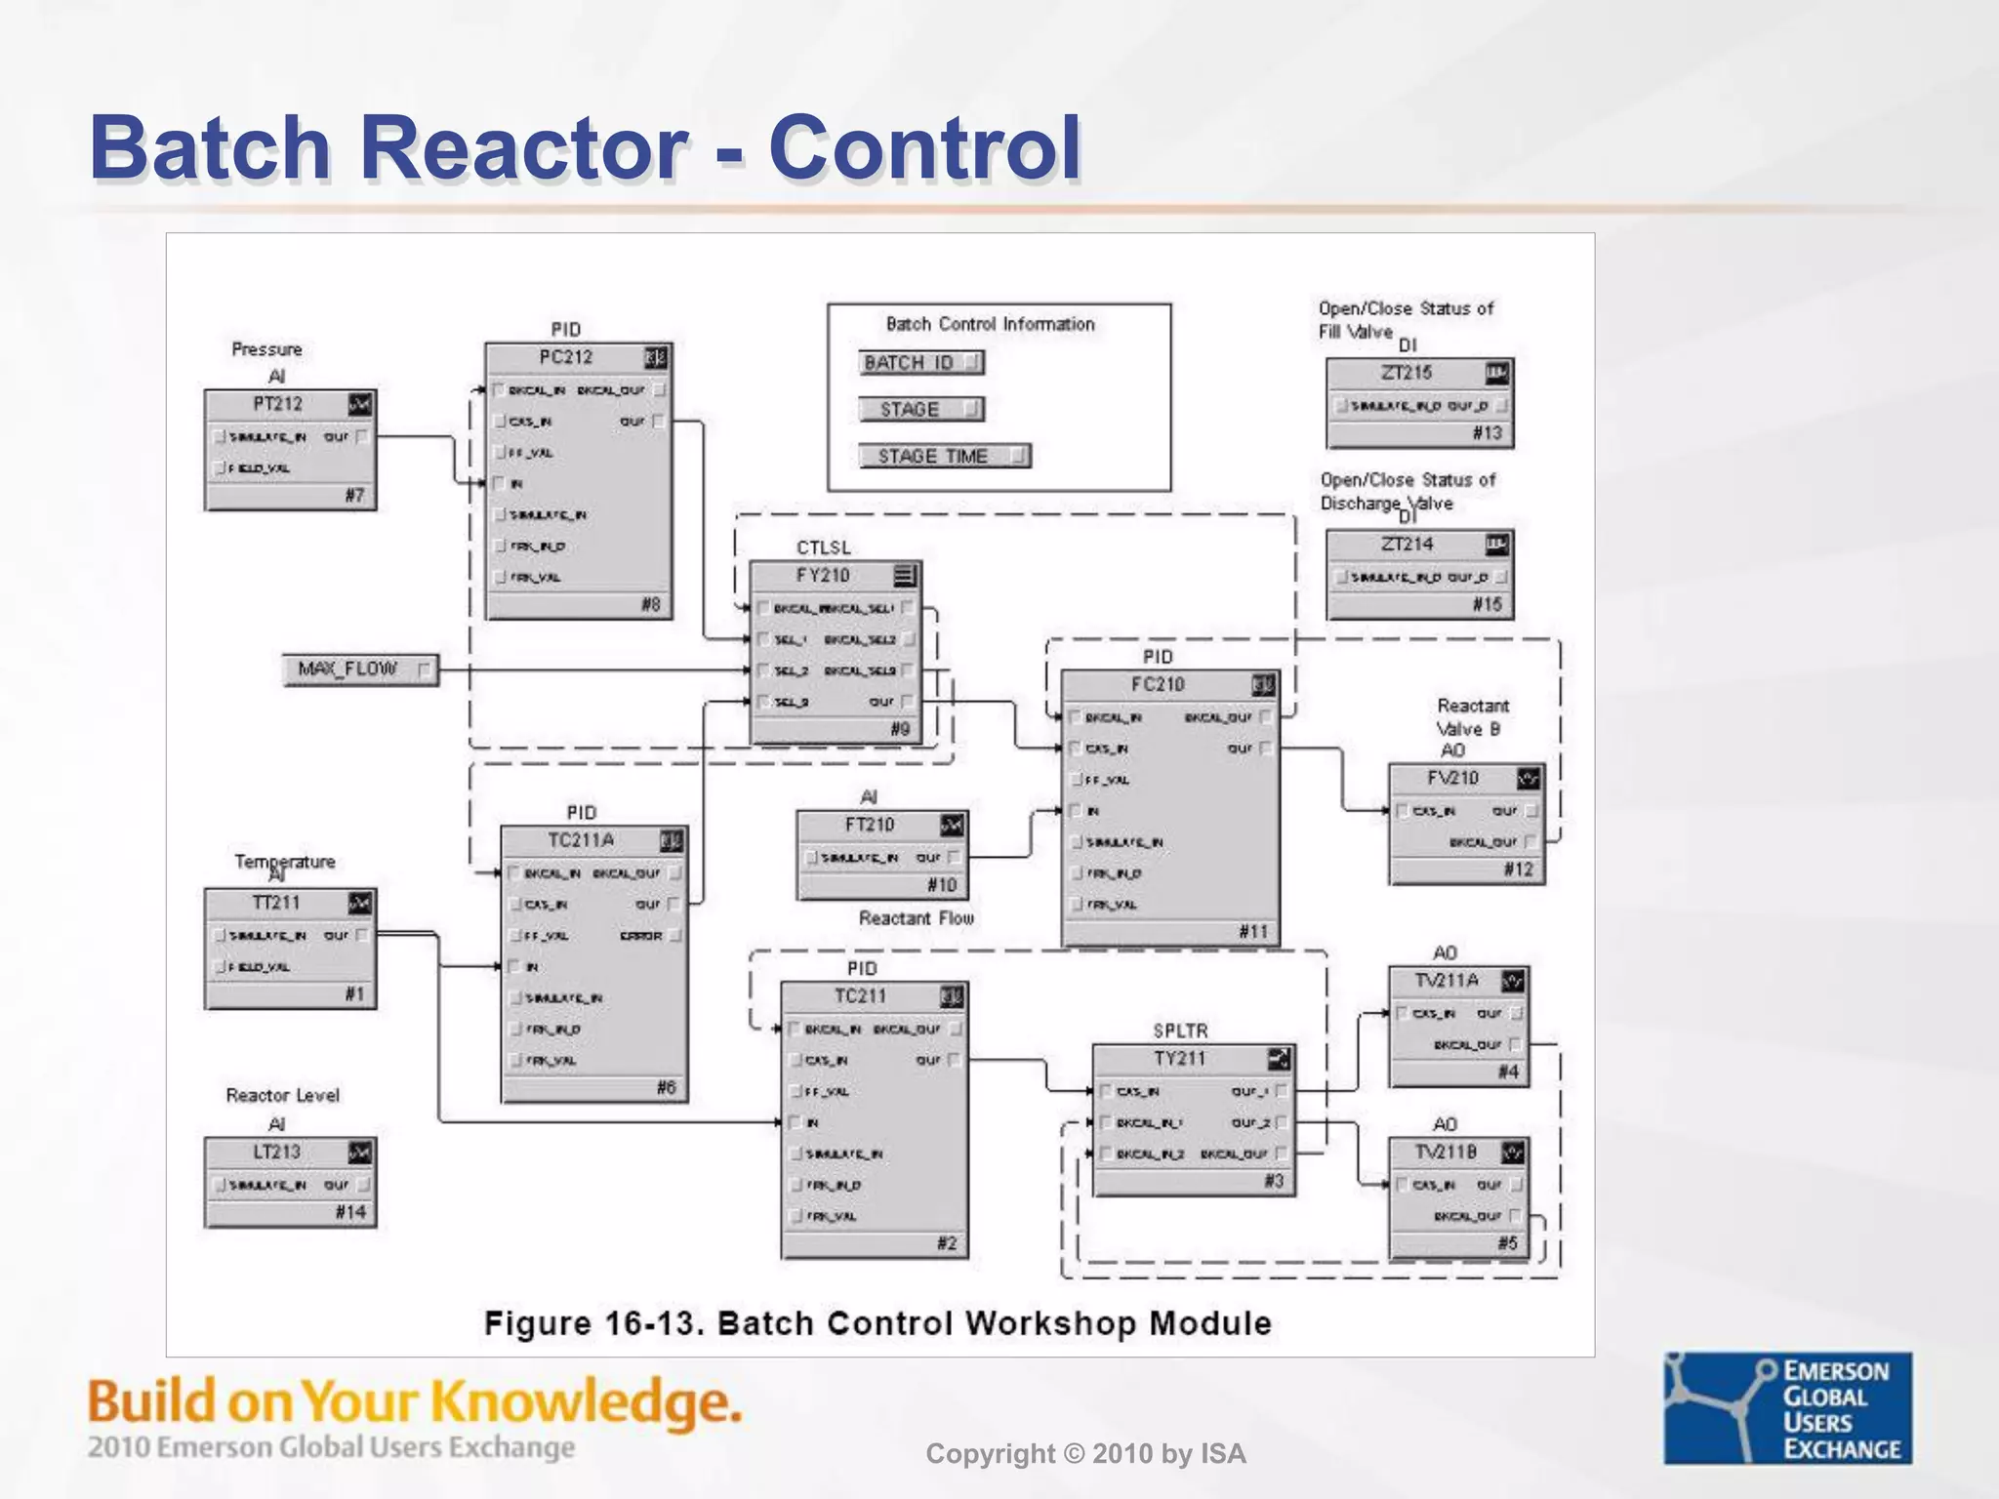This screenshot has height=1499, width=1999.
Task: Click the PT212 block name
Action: pos(277,404)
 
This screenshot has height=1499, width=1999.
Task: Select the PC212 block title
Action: pos(565,357)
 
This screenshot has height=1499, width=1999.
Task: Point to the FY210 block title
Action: pos(822,576)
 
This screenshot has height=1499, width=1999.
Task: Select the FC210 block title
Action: pos(1158,685)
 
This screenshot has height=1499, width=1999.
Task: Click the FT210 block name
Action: pos(869,826)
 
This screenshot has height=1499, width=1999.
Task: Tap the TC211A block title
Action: pos(581,840)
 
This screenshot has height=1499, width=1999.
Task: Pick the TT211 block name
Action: pos(276,903)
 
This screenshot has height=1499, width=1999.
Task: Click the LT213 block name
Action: pos(276,1153)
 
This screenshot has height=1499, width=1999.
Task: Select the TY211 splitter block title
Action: pos(1179,1059)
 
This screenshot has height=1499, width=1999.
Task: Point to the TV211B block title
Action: pos(1446,1153)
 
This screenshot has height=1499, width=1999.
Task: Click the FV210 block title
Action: pos(1452,778)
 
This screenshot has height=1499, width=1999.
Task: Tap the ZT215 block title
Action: pos(1406,373)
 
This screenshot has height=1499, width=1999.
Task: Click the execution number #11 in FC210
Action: pos(1252,932)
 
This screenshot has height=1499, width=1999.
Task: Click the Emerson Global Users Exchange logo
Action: pos(1787,1408)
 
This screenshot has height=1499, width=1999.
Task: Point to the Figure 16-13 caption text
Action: pos(877,1324)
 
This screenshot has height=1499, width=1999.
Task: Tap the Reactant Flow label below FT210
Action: pos(916,918)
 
